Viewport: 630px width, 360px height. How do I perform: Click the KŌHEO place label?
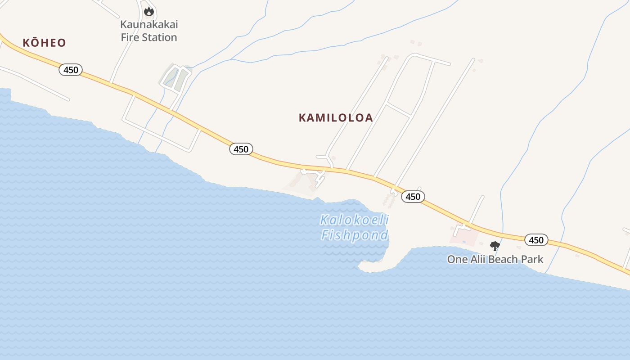point(44,43)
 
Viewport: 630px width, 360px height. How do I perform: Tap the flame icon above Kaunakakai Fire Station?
point(148,11)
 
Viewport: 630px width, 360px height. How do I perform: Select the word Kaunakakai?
point(149,24)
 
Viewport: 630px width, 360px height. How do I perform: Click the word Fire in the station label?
point(131,37)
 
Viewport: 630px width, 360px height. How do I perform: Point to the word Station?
point(160,37)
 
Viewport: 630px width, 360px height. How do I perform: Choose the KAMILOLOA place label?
point(336,118)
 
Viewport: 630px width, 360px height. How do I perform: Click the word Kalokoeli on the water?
point(354,220)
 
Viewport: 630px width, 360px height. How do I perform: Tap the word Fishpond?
point(354,235)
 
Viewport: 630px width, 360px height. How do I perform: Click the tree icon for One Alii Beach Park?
point(495,246)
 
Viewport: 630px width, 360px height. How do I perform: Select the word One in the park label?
point(457,260)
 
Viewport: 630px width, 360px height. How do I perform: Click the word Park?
point(532,260)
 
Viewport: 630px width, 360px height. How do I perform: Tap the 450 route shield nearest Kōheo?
point(71,70)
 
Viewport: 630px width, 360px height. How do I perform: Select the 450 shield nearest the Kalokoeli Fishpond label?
point(413,196)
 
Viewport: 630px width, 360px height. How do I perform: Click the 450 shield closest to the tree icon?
point(536,240)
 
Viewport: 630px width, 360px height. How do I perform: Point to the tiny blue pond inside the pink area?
point(464,242)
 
